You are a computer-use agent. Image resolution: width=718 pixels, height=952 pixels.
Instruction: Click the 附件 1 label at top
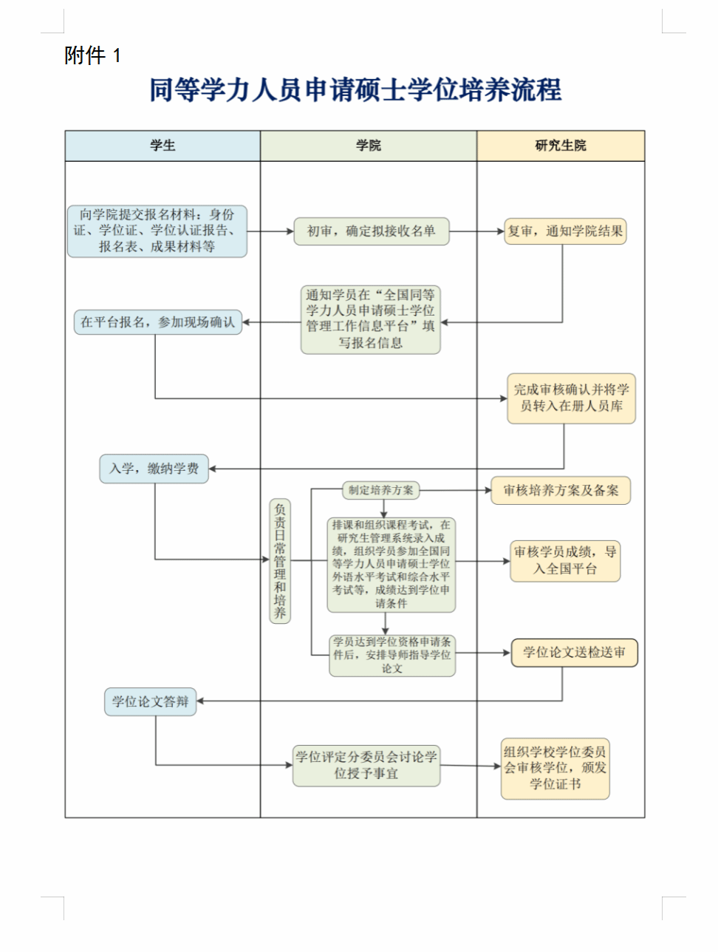[x=92, y=55]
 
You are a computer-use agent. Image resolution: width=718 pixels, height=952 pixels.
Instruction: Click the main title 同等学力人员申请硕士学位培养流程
[x=355, y=90]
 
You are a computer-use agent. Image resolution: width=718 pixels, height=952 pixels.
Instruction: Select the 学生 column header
[x=163, y=146]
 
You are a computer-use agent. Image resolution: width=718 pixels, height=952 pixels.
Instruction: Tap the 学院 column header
[x=368, y=146]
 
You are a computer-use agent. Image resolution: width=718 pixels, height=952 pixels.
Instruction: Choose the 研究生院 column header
[x=560, y=146]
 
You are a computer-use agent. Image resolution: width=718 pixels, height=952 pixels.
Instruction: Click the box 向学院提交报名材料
[x=157, y=231]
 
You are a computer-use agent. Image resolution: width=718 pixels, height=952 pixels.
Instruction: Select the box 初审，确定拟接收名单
[x=371, y=231]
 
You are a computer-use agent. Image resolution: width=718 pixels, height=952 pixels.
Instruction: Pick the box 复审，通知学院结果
[x=565, y=231]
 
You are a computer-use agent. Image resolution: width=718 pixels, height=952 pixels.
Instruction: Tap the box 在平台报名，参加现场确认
[x=157, y=322]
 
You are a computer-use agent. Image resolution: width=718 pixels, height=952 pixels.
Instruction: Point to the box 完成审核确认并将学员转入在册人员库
[x=571, y=398]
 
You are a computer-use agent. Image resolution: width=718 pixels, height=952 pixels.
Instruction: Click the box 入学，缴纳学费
[x=154, y=469]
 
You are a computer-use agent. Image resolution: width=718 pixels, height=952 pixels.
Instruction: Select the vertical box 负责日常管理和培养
[x=279, y=561]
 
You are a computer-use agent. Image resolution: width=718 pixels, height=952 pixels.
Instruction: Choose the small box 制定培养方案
[x=381, y=490]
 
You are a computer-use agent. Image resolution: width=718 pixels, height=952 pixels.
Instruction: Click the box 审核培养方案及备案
[x=561, y=490]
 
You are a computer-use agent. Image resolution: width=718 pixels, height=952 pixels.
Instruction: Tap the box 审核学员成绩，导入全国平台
[x=565, y=560]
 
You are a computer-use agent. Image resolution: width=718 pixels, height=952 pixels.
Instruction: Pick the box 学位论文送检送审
[x=574, y=653]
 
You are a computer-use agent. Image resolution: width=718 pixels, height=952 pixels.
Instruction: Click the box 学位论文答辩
[x=150, y=701]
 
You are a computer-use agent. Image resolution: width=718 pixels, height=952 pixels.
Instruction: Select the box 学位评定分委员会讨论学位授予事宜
[x=366, y=765]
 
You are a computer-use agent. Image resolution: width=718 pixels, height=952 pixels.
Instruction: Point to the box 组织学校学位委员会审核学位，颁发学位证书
[x=555, y=768]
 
